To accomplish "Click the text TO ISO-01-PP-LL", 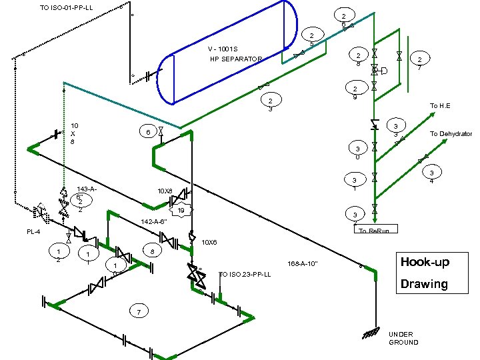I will pos(66,8).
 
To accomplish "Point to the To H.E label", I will pos(440,106).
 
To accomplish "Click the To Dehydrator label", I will pos(451,134).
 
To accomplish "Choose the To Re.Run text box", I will pos(378,230).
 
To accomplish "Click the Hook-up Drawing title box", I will pos(423,272).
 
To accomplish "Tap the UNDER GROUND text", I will pos(403,338).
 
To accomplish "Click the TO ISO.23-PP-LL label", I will pos(245,274).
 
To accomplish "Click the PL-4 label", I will pos(34,232).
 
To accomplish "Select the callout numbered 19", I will pos(181,211).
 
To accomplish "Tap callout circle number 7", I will pos(138,312).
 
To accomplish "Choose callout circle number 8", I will pos(153,251).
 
